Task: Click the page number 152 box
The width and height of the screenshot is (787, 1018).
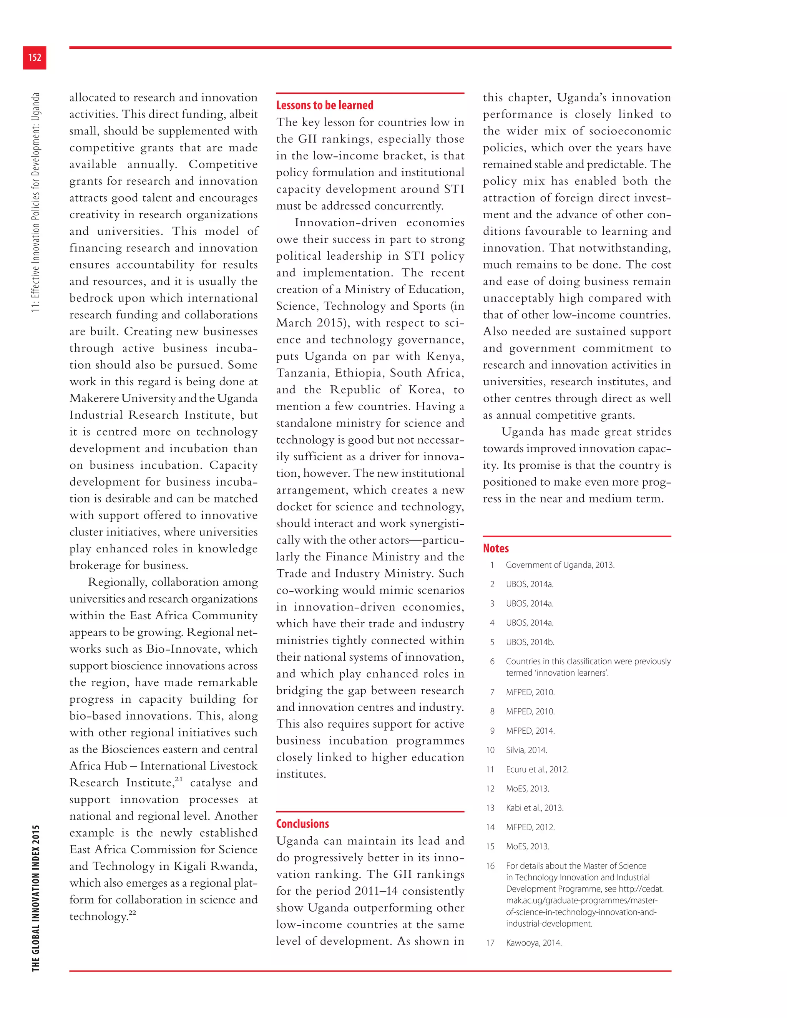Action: [35, 57]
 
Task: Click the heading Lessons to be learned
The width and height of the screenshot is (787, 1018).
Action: [324, 105]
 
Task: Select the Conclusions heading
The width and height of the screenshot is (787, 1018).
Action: [302, 824]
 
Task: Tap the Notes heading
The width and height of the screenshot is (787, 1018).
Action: [496, 548]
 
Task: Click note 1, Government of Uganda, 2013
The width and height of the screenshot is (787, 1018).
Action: [560, 565]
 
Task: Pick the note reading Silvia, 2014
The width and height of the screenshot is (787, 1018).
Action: [526, 750]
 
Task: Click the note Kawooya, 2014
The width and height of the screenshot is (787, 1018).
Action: [533, 942]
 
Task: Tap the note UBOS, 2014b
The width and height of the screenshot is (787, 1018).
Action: [530, 642]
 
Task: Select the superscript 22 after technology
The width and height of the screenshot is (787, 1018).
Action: [133, 913]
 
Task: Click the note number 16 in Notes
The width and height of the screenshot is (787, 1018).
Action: [490, 865]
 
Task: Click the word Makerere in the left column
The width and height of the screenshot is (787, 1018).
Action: [94, 398]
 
